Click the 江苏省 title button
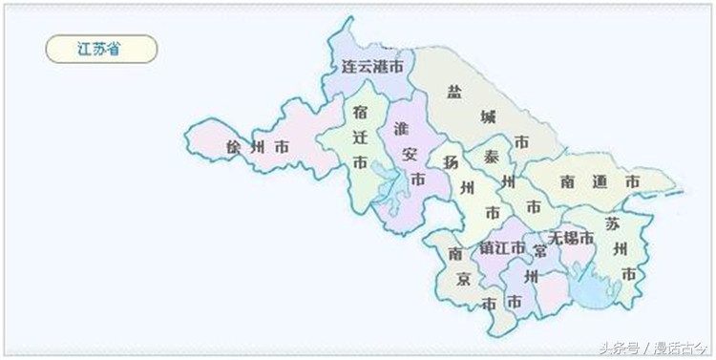pyautogui.click(x=100, y=49)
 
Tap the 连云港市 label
pyautogui.click(x=372, y=67)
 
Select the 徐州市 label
pyautogui.click(x=258, y=148)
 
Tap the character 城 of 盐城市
pyautogui.click(x=488, y=117)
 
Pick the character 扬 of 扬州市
pyautogui.click(x=452, y=161)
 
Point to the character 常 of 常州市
pyautogui.click(x=540, y=251)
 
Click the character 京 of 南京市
pyautogui.click(x=463, y=279)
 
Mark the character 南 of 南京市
pyautogui.click(x=455, y=254)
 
